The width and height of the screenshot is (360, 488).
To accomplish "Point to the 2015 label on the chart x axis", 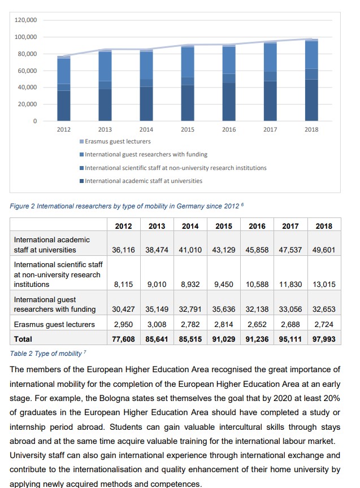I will pos(188,129).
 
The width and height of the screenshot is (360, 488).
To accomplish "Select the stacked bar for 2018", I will pos(311,80).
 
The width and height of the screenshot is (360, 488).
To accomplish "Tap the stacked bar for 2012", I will pos(64,89).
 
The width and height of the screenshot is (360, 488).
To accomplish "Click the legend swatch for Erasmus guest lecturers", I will pos(82,141).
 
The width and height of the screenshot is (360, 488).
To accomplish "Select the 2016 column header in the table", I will pos(257,226).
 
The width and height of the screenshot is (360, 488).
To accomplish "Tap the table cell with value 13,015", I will pos(324,284).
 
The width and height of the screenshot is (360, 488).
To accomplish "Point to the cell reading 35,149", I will pos(157,309).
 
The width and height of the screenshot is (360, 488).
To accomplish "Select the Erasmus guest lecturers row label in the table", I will pos(54,324).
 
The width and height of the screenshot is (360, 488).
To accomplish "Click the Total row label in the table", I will pos(23,339).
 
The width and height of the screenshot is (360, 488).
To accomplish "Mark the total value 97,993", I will pos(324,339).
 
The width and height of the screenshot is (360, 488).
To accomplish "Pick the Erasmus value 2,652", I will pos(257,324).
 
